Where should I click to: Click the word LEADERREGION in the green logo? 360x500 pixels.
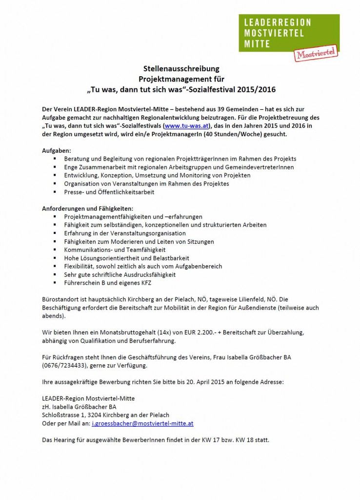pos(276,23)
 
